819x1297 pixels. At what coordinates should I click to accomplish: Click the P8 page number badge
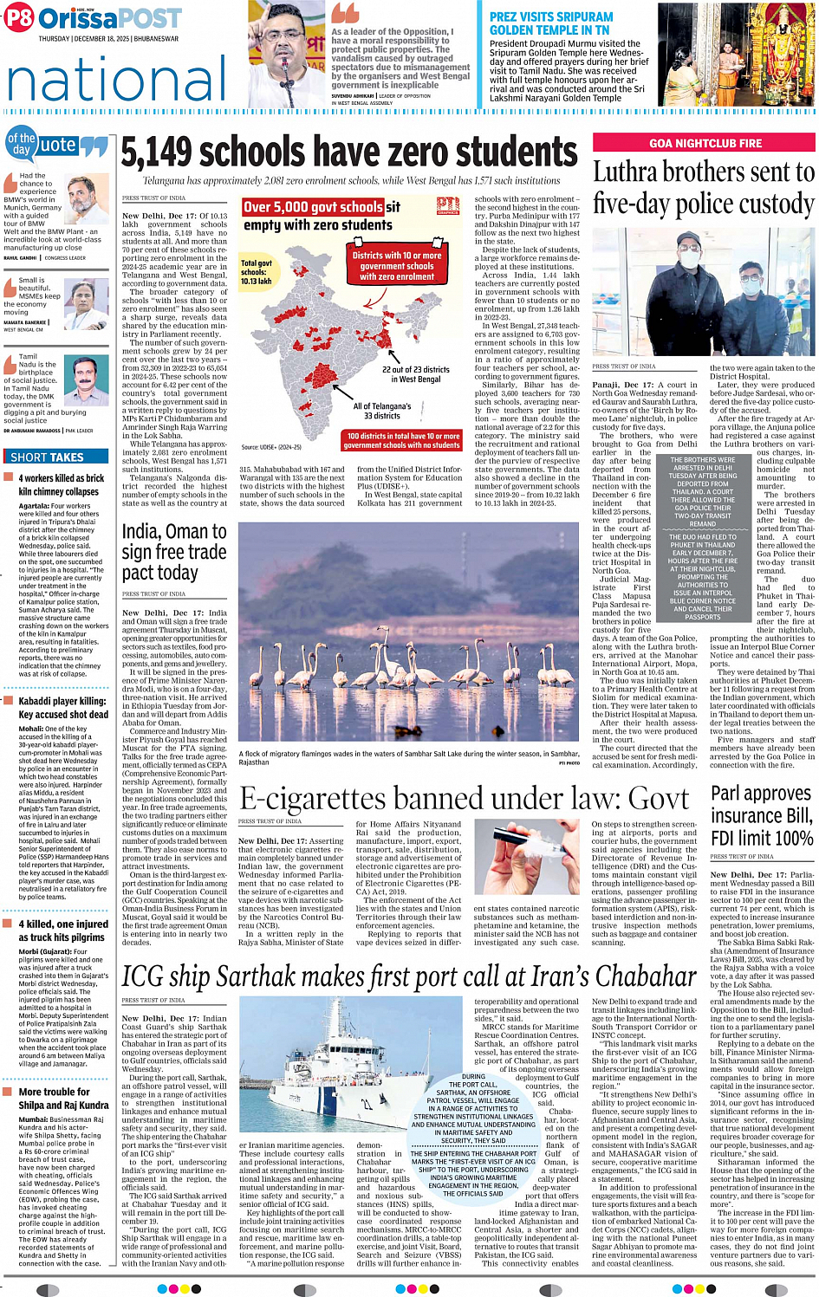point(18,18)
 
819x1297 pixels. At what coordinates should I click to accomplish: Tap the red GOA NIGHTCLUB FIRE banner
point(705,143)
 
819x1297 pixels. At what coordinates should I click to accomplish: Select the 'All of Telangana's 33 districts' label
point(381,411)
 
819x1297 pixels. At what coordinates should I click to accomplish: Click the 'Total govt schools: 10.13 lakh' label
point(257,272)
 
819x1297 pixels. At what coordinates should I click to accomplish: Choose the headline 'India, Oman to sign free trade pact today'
point(174,552)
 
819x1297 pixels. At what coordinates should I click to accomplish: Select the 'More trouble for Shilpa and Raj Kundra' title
point(63,1098)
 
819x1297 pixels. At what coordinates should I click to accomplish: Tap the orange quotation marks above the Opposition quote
point(345,13)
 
